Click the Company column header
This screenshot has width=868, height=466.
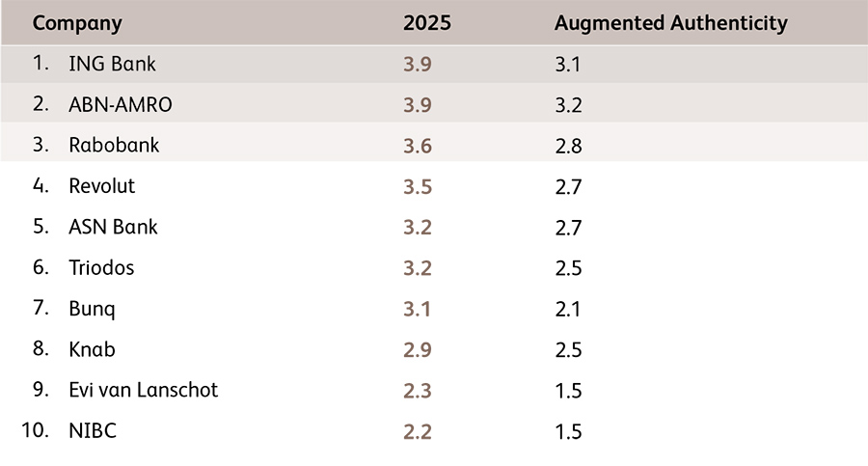point(77,23)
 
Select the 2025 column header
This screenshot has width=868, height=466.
point(425,23)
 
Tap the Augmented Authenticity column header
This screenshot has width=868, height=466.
point(671,23)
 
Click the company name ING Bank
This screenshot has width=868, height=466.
point(112,65)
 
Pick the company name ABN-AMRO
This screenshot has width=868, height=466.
point(121,105)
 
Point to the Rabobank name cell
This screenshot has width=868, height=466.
point(114,146)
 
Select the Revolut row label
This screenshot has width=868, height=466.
point(102,186)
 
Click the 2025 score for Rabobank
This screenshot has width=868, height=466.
point(418,147)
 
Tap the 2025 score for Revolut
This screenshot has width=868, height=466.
point(418,187)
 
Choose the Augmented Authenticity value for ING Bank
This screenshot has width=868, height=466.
point(568,66)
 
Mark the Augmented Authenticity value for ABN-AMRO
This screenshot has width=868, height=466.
point(568,106)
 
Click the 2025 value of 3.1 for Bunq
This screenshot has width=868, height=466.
point(418,309)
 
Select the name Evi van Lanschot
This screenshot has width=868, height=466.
point(144,390)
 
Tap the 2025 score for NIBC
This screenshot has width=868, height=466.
point(418,431)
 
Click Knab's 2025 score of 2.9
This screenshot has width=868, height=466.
point(418,349)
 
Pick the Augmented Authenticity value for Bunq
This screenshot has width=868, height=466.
point(568,309)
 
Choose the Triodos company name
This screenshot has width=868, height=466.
point(101,268)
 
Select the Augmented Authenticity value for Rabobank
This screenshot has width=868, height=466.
point(568,147)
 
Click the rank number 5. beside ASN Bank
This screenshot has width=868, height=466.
point(41,227)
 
